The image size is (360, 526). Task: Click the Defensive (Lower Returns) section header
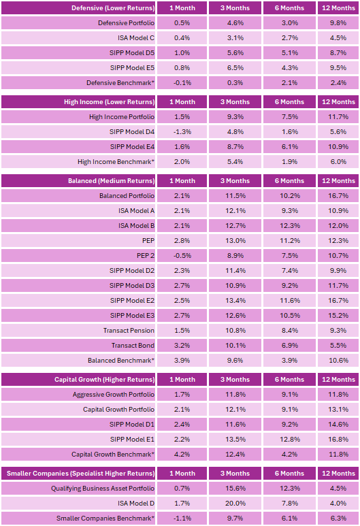113,8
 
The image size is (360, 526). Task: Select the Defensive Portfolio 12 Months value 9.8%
338,23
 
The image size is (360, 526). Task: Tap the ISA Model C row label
136,38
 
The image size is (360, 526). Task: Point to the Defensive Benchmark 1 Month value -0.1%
182,83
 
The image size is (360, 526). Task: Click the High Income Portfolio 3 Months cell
235,117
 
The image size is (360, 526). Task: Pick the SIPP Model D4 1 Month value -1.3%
182,132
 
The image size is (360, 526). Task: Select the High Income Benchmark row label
116,162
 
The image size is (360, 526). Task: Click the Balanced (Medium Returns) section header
112,181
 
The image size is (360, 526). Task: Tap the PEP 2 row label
146,256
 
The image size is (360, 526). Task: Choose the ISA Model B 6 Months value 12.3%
290,226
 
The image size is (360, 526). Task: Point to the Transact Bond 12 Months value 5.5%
338,346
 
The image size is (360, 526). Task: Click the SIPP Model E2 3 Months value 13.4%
235,301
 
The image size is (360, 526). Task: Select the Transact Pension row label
129,331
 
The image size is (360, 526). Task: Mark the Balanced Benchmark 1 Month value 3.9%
182,361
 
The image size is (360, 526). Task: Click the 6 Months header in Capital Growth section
289,380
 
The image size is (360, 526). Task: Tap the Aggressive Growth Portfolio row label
114,395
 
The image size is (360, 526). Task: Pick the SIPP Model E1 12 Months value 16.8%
338,440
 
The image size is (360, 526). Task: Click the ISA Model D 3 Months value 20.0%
235,504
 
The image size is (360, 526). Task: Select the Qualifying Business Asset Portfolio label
103,489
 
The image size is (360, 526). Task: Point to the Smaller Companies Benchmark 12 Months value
338,519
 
